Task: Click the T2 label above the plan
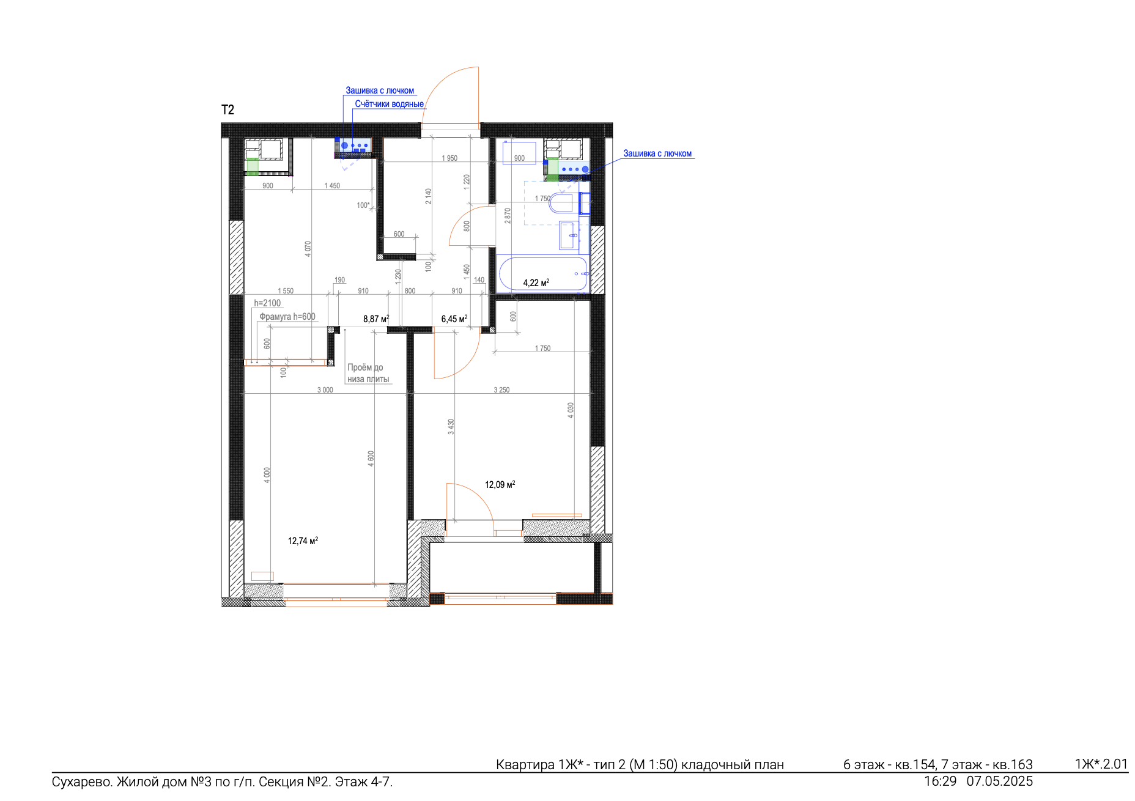227,110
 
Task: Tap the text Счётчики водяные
389,104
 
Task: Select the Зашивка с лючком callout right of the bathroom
657,153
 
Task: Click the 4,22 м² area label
536,282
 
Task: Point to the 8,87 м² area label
376,319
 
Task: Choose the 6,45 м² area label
454,319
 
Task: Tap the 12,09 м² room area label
500,484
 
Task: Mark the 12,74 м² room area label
303,541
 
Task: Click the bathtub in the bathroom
543,273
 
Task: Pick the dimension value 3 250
501,389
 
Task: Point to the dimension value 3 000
325,389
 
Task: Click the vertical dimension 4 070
308,248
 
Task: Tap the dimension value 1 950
449,158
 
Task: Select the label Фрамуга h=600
287,316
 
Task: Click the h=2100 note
267,303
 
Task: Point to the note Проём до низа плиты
368,373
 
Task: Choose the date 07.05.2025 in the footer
1000,781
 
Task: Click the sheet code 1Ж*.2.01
1101,764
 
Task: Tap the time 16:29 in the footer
941,781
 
